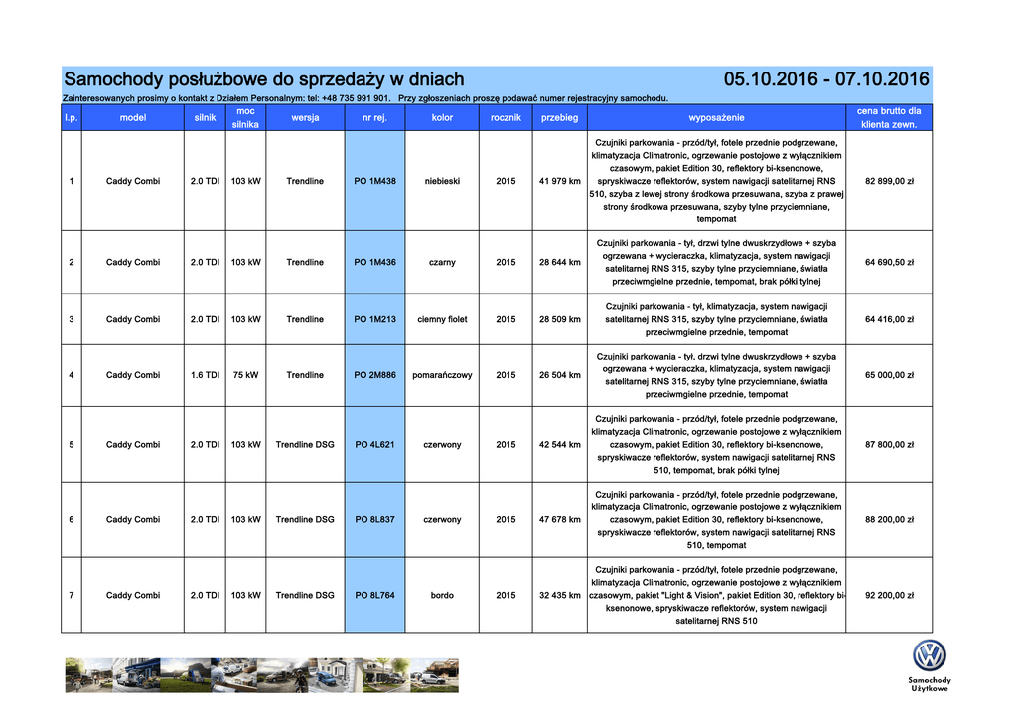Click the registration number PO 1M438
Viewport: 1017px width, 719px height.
pyautogui.click(x=374, y=181)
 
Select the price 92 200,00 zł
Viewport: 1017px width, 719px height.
pyautogui.click(x=889, y=595)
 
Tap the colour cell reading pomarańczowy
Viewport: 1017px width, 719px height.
pyautogui.click(x=442, y=375)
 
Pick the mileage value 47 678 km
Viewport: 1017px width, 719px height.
pyautogui.click(x=559, y=519)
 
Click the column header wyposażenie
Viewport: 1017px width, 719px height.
pyautogui.click(x=716, y=118)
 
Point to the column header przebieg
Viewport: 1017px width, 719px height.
pyautogui.click(x=559, y=118)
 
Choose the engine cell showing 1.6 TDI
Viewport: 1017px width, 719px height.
pyautogui.click(x=205, y=375)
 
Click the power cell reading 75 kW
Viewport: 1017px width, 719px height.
pyautogui.click(x=245, y=375)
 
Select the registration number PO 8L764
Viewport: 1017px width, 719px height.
pyautogui.click(x=374, y=595)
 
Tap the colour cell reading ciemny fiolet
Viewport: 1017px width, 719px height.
pyautogui.click(x=442, y=319)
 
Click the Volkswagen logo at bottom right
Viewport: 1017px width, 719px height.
pyautogui.click(x=930, y=655)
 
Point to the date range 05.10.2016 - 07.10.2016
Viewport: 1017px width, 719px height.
pyautogui.click(x=826, y=79)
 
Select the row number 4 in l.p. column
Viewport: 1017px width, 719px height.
pyautogui.click(x=71, y=375)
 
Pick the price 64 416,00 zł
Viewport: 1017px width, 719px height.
pyautogui.click(x=889, y=319)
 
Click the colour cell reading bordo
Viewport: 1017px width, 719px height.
pyautogui.click(x=442, y=595)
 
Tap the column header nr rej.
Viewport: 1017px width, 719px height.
pyautogui.click(x=374, y=118)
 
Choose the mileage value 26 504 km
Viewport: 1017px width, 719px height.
pyautogui.click(x=559, y=375)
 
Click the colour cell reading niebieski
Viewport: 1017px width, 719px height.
pyautogui.click(x=442, y=181)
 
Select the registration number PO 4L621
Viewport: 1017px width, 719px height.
pyautogui.click(x=374, y=444)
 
